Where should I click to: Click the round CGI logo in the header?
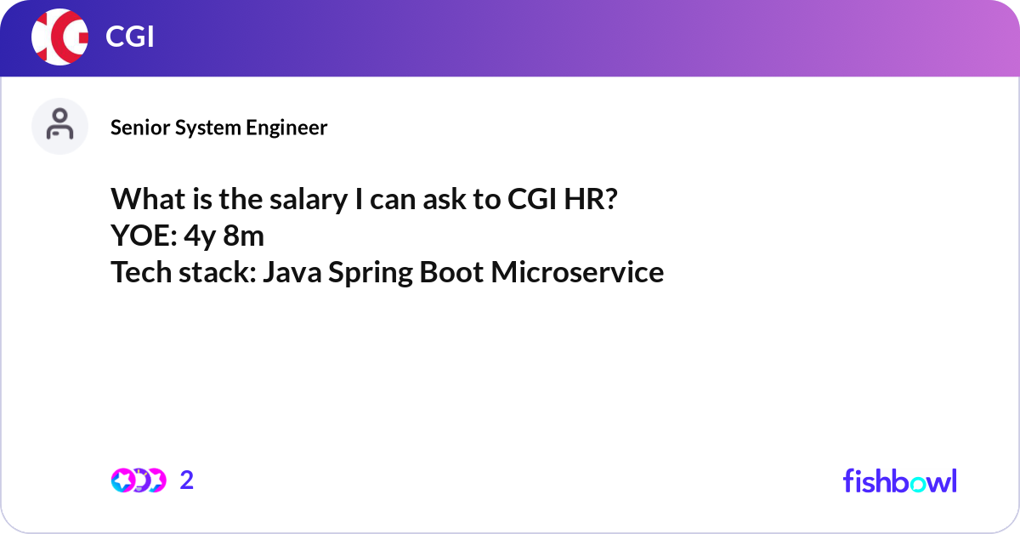pos(59,37)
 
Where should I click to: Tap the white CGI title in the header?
pos(130,37)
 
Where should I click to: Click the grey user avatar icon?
pos(59,126)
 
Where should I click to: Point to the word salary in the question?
pos(309,200)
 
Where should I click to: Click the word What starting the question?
pos(148,199)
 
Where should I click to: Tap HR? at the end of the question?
pos(591,199)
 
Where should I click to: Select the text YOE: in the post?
pos(144,236)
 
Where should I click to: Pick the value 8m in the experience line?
pos(244,236)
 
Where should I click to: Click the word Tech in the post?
pos(142,272)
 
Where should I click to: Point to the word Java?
pos(292,272)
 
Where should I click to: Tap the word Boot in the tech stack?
pos(451,272)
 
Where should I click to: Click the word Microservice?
pos(577,272)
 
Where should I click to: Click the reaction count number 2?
pos(187,480)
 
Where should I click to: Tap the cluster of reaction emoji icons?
pos(139,480)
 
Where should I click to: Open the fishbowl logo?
pos(900,480)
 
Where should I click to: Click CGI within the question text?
pos(532,199)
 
